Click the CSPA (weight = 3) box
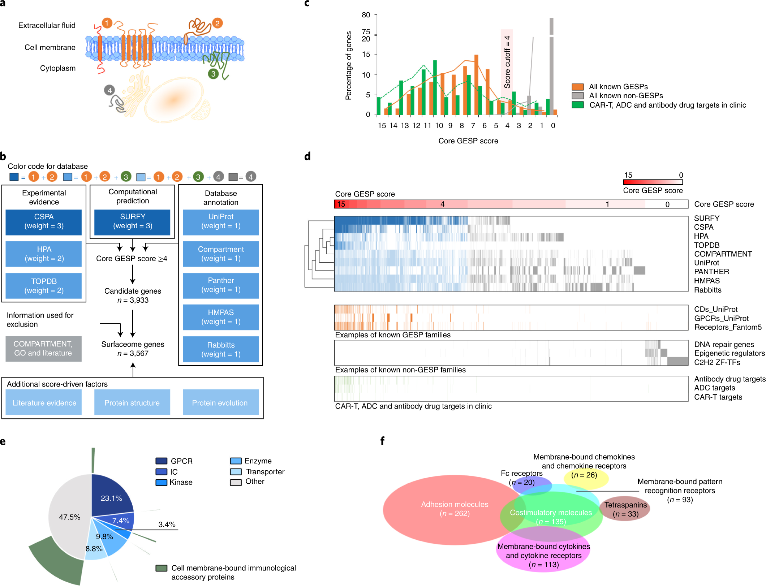[44, 221]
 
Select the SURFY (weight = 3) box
[132, 221]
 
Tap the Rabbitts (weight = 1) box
[221, 349]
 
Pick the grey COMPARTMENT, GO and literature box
[43, 349]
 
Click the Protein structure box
[132, 402]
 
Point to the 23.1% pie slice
[111, 497]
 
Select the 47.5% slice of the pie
[69, 517]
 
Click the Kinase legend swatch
[161, 483]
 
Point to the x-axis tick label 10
[439, 126]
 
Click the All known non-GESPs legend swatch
[578, 96]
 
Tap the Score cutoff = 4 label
[507, 61]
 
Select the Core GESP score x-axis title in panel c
[468, 141]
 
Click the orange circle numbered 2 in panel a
[217, 23]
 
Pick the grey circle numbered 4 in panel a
[109, 90]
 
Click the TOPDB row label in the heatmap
[706, 245]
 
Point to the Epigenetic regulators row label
[729, 353]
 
